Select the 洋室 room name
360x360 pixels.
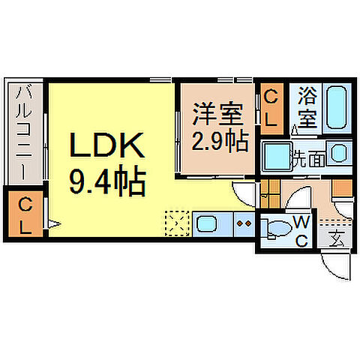pyautogui.click(x=217, y=117)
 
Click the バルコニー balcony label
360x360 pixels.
pyautogui.click(x=23, y=132)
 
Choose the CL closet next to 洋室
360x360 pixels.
pyautogui.click(x=271, y=106)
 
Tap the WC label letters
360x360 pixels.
pyautogui.click(x=301, y=230)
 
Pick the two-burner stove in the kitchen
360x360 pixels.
pyautogui.click(x=243, y=223)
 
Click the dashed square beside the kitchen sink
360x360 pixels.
pyautogui.click(x=178, y=223)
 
